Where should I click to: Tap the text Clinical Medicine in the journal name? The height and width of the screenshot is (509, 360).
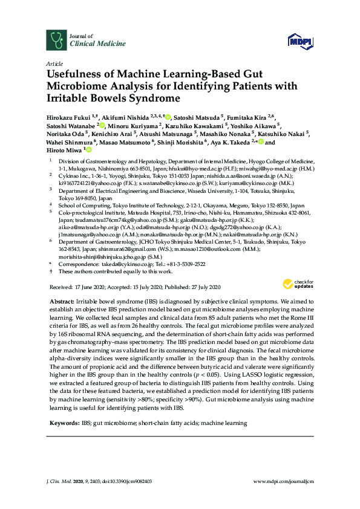pyautogui.click(x=98, y=44)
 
